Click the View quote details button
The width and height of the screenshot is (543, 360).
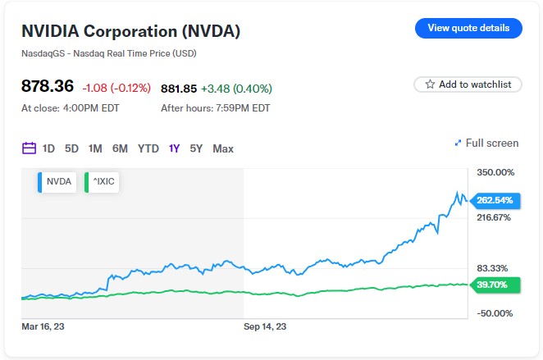pyautogui.click(x=468, y=28)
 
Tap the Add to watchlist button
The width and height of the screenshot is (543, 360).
pyautogui.click(x=468, y=84)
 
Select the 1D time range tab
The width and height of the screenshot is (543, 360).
pyautogui.click(x=48, y=148)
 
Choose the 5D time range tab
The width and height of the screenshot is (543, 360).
pyautogui.click(x=71, y=148)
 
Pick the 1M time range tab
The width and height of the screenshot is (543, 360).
pyautogui.click(x=95, y=148)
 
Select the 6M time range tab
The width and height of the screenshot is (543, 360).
pyautogui.click(x=120, y=148)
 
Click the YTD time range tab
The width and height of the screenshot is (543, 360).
pyautogui.click(x=148, y=148)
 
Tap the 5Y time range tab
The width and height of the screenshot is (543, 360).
pyautogui.click(x=196, y=148)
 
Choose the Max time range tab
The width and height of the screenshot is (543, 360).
pyautogui.click(x=223, y=148)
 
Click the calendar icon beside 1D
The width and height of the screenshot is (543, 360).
pyautogui.click(x=29, y=148)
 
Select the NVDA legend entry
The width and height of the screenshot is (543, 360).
pyautogui.click(x=57, y=182)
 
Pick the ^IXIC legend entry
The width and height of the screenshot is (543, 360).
pyautogui.click(x=103, y=182)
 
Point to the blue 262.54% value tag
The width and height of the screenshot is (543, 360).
pyautogui.click(x=494, y=200)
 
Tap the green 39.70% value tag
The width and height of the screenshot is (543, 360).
pyautogui.click(x=492, y=285)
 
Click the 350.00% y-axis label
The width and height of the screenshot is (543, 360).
pyautogui.click(x=495, y=172)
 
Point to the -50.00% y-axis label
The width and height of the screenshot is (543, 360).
pyautogui.click(x=495, y=313)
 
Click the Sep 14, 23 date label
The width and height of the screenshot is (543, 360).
pyautogui.click(x=265, y=326)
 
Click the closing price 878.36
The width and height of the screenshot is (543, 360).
pyautogui.click(x=48, y=86)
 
